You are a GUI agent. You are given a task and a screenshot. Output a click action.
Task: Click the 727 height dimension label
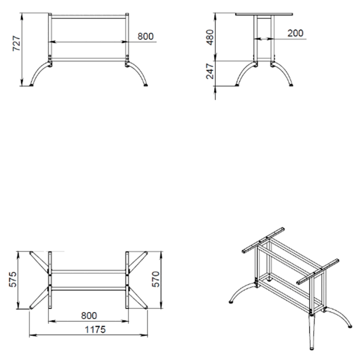16,43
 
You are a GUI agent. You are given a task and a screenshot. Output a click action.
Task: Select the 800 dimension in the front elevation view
146,36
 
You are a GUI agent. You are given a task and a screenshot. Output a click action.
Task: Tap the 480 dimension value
210,37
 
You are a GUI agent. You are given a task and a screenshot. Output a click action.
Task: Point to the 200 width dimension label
295,33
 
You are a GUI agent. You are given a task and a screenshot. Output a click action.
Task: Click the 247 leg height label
210,71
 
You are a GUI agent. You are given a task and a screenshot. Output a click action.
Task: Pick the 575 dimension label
13,279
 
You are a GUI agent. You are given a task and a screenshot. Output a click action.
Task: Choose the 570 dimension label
155,279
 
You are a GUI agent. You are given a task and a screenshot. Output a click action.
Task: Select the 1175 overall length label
95,329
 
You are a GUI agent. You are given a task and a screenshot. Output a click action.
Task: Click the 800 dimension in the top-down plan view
89,316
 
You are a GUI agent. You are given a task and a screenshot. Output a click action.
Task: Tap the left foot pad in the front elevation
31,85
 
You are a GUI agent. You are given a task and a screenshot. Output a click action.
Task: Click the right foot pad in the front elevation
146,85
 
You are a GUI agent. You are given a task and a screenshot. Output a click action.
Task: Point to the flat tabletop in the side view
264,14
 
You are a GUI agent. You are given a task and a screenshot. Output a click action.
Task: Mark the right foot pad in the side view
291,85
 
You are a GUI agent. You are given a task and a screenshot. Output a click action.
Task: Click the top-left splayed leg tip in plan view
31,253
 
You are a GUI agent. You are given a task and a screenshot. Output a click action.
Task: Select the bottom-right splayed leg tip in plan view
146,307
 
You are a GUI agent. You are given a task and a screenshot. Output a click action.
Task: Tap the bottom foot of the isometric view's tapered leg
311,349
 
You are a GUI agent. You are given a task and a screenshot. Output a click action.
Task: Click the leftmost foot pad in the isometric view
231,302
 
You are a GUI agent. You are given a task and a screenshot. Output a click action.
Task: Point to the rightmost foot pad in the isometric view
350,326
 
